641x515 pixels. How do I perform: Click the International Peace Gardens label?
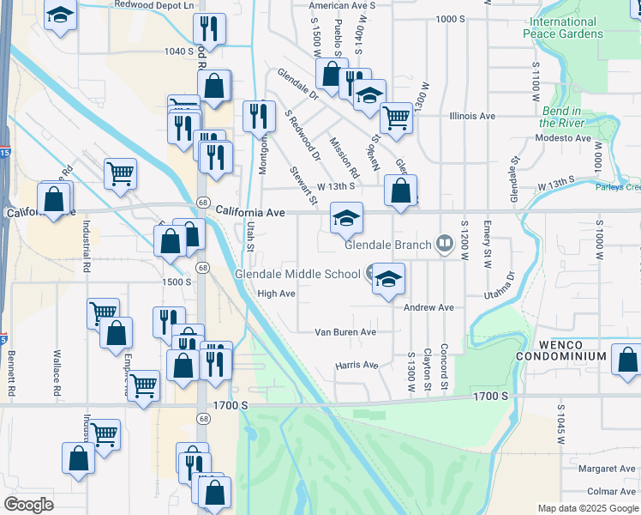tap(578, 27)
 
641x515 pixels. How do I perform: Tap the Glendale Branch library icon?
tap(444, 245)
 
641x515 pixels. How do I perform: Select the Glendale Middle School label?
tap(298, 275)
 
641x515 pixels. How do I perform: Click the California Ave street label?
tap(249, 211)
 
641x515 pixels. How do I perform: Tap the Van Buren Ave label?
tap(345, 332)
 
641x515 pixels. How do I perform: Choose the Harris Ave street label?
tap(356, 365)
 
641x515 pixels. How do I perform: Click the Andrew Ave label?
tap(428, 307)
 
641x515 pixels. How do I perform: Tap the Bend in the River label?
tap(562, 117)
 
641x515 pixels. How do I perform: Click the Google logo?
tap(28, 504)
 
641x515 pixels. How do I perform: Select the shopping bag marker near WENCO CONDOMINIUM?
tap(628, 360)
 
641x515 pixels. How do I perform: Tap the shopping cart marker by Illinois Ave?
tap(395, 118)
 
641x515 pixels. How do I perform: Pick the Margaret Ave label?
tap(606, 469)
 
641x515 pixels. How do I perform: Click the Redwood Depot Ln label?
tap(153, 4)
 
